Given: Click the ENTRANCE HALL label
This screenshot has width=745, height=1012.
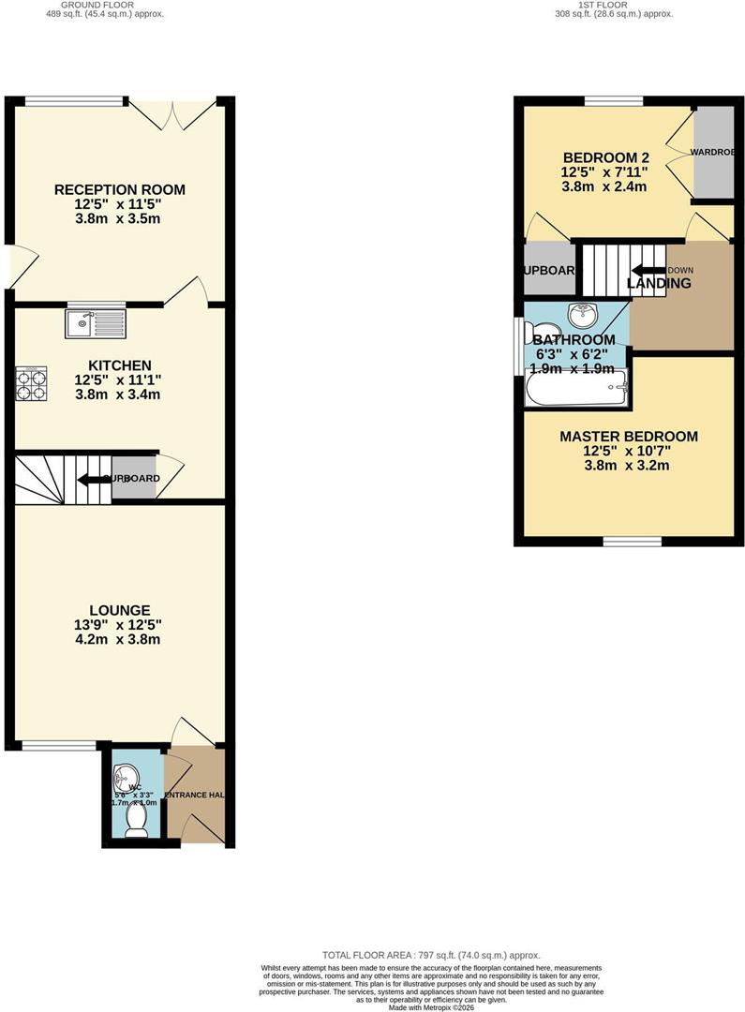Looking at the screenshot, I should click(x=195, y=796).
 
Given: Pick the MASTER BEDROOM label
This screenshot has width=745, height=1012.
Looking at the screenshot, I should click(x=629, y=437).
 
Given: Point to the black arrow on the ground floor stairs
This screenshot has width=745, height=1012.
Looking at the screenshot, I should click(x=94, y=480).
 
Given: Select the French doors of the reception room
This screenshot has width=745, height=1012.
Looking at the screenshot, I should click(x=173, y=114).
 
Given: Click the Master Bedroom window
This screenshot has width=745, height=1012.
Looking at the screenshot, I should click(x=632, y=541).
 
